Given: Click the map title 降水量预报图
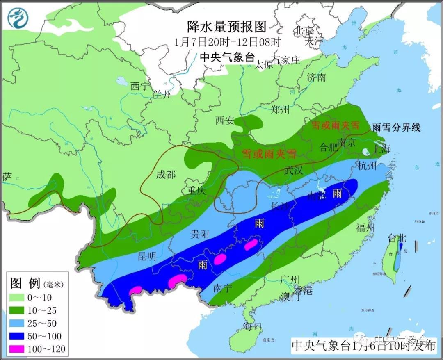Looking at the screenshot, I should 227,27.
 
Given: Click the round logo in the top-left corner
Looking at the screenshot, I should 19,18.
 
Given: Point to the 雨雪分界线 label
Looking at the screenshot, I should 396,127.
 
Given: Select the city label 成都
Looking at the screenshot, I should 166,175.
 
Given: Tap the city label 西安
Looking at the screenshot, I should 225,121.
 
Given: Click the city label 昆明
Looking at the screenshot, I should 146,256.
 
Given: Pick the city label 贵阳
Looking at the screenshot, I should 200,234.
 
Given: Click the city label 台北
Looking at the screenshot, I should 397,238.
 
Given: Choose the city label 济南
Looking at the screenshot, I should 316,77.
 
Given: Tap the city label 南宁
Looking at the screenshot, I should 223,288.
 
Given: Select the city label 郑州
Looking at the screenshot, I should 280,109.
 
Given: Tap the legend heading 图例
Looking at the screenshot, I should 25,283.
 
